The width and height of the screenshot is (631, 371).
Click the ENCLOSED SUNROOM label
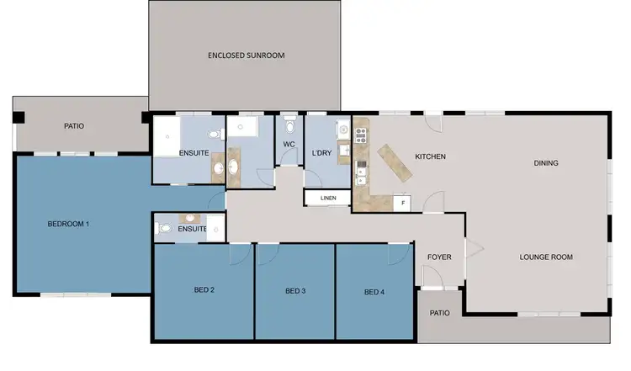click(x=247, y=56)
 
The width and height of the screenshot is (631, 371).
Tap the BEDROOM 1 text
click(x=68, y=224)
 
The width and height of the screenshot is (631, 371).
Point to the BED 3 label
click(x=294, y=291)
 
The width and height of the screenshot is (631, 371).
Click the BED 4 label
click(x=374, y=292)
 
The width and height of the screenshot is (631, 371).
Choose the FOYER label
click(x=439, y=257)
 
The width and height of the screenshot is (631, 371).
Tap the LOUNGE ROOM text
click(x=545, y=257)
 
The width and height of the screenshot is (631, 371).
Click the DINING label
click(x=546, y=163)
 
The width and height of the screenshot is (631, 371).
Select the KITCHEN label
click(x=430, y=156)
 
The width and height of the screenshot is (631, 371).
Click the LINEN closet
click(x=327, y=198)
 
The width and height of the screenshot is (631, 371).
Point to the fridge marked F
click(x=403, y=203)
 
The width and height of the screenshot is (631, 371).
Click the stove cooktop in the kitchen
click(x=361, y=132)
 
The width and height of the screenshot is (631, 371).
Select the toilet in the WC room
click(x=290, y=127)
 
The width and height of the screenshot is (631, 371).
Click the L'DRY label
click(x=321, y=155)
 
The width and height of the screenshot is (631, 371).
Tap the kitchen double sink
click(x=360, y=175)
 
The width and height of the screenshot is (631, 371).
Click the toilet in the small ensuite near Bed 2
click(x=165, y=227)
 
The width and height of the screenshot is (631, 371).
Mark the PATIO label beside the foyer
click(x=439, y=313)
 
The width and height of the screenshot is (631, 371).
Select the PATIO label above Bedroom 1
click(x=74, y=126)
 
